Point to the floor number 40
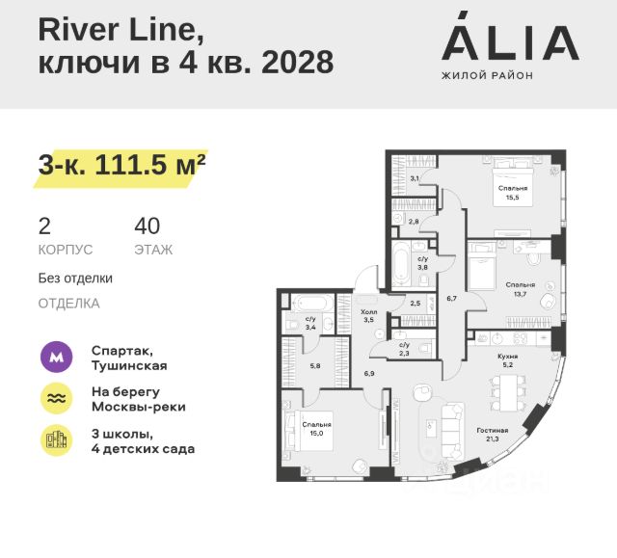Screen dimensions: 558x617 pos(148,226)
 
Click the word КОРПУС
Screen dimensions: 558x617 pos(66,250)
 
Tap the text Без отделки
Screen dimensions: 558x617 pos(75,279)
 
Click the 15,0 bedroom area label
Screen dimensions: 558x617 pos(316,429)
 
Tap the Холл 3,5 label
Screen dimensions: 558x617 pos(366,316)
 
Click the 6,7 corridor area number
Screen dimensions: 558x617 pos(450,299)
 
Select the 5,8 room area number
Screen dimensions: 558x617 pos(314,365)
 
